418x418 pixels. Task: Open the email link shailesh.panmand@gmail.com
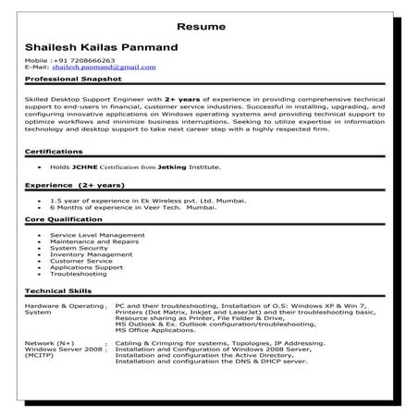pyautogui.click(x=104, y=68)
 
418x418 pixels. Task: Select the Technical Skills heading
pyautogui.click(x=58, y=290)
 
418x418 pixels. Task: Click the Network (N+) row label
pyautogui.click(x=49, y=342)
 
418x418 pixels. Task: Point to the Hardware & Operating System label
pyautogui.click(x=64, y=308)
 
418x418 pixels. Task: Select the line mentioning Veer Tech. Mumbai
pyautogui.click(x=125, y=208)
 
